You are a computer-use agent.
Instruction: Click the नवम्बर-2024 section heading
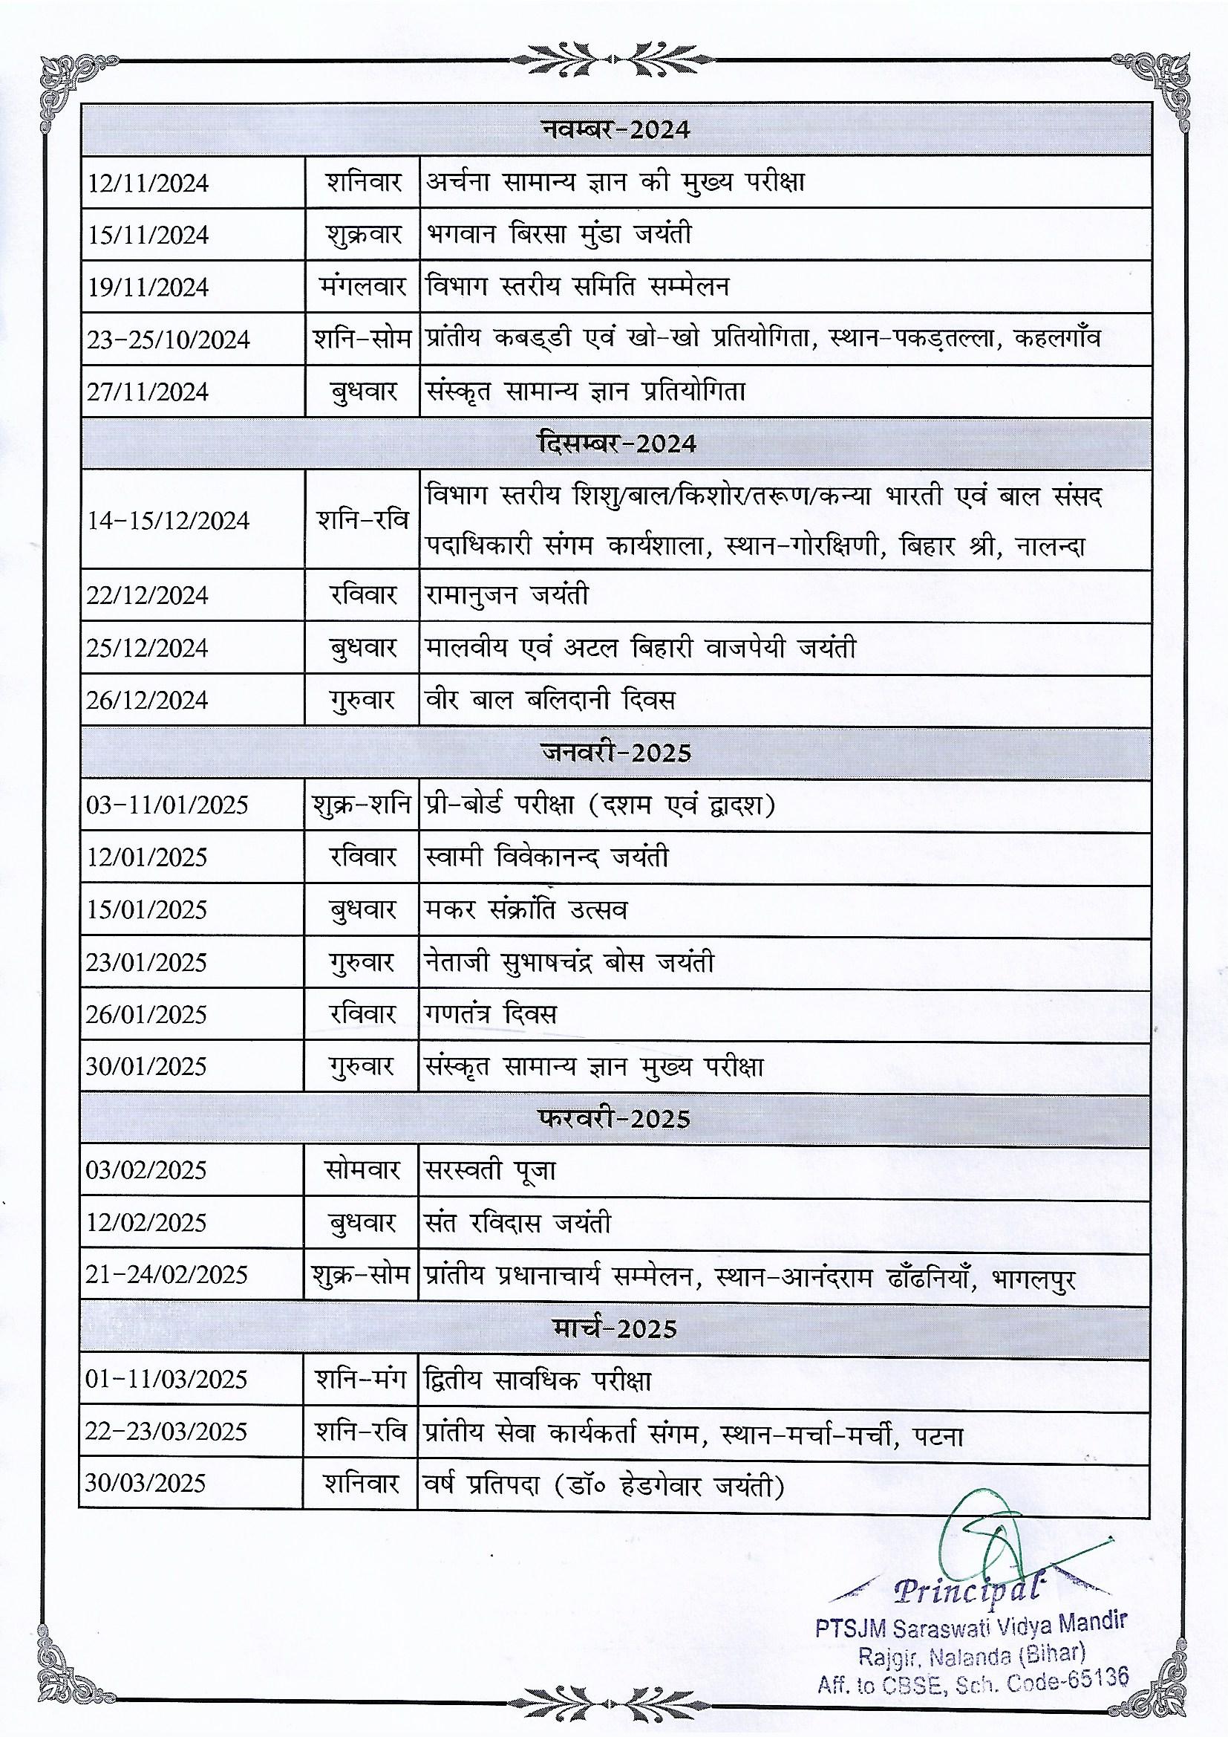[x=615, y=129]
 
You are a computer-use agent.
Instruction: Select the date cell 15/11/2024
[x=148, y=236]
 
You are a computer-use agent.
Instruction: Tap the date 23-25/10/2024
[x=168, y=340]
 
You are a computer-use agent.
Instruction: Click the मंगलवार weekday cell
[x=362, y=288]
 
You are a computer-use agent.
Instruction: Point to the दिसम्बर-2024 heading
[x=615, y=444]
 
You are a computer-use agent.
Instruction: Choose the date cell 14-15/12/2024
[x=167, y=521]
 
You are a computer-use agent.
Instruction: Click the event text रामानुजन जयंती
[x=506, y=595]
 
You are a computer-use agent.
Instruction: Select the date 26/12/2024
[x=147, y=700]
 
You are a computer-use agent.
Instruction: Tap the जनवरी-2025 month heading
[x=615, y=753]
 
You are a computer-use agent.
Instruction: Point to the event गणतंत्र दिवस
[x=491, y=1014]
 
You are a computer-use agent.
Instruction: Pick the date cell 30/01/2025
[x=146, y=1067]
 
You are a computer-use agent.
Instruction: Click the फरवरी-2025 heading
[x=615, y=1119]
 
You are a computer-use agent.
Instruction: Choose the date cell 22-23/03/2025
[x=166, y=1432]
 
